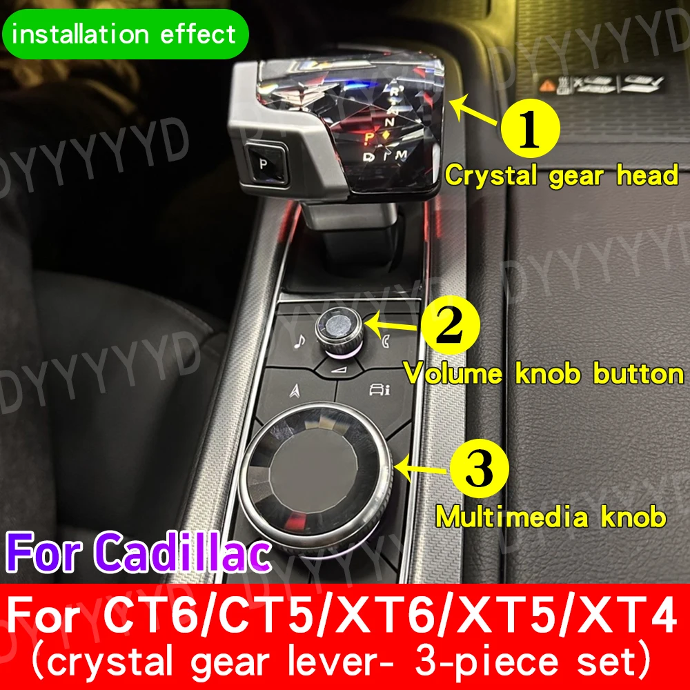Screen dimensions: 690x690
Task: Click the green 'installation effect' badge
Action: [125, 32]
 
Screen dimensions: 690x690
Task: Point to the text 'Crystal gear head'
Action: [561, 175]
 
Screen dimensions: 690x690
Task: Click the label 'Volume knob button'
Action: [543, 374]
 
